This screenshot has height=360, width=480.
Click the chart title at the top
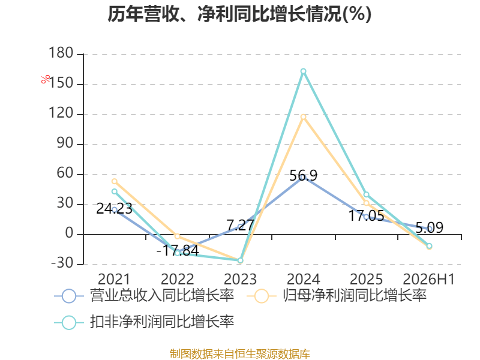(x=239, y=14)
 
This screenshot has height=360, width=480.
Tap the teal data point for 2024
(x=303, y=71)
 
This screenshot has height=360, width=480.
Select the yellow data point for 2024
(x=303, y=117)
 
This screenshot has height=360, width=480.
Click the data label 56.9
(x=304, y=176)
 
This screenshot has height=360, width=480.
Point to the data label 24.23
(x=114, y=209)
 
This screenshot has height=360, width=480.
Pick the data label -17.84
(x=178, y=250)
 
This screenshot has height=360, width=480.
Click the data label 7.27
(x=241, y=226)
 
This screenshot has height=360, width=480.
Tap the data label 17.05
(x=366, y=216)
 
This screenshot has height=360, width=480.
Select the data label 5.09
(x=430, y=228)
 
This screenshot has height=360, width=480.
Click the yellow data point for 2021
(x=115, y=181)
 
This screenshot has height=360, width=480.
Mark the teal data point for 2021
(x=115, y=191)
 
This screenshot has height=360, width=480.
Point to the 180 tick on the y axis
(x=61, y=53)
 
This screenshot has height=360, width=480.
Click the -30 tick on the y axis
(x=62, y=263)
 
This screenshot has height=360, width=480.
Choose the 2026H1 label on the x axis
(x=428, y=279)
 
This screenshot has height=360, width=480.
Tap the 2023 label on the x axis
(x=241, y=279)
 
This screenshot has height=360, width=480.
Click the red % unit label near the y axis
(x=46, y=79)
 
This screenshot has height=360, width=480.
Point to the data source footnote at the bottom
(x=240, y=354)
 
